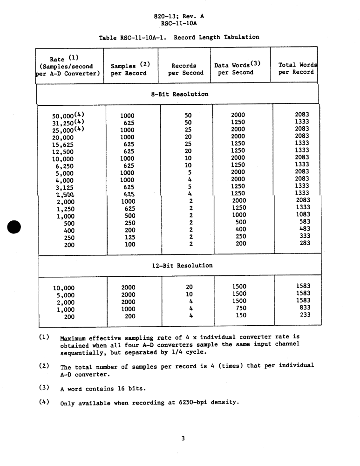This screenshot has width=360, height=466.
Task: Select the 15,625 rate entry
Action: point(63,144)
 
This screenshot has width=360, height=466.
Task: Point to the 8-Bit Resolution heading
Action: point(179,94)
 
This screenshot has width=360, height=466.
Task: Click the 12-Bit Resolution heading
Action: point(182,266)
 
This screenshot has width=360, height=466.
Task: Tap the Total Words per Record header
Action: point(297,69)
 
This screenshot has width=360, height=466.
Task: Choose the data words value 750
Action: point(241,308)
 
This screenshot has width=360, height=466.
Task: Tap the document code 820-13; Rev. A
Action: point(179,16)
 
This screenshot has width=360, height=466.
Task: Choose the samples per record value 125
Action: point(130,237)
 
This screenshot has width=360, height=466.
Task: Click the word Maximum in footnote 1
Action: point(73,337)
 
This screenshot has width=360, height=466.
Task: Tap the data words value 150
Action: point(241,315)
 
